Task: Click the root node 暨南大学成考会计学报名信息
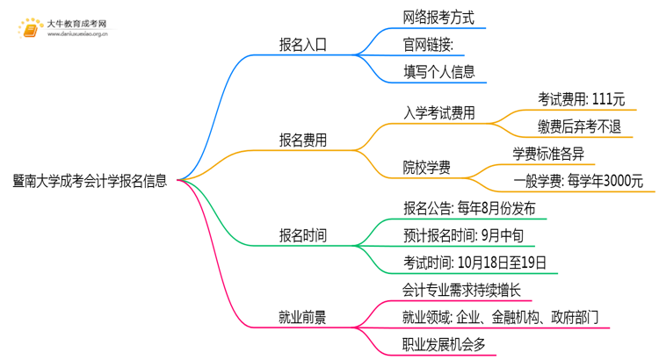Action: (x=91, y=182)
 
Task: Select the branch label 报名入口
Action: (x=302, y=45)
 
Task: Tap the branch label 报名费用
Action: (x=302, y=140)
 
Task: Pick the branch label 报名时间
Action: (x=302, y=235)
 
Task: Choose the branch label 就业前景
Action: (x=302, y=317)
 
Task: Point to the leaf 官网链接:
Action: (x=429, y=45)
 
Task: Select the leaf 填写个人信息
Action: (x=439, y=72)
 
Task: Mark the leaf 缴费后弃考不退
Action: (x=580, y=126)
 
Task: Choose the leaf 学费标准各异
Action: (x=548, y=154)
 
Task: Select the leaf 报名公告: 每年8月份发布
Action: (x=469, y=208)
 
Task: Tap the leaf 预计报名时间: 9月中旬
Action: (x=467, y=235)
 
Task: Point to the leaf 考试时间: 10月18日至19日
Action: (x=475, y=262)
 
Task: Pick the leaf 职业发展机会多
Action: (x=445, y=343)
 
